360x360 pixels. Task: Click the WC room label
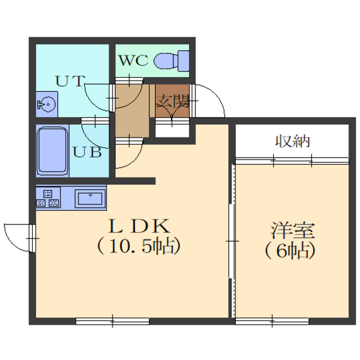pos(134,60)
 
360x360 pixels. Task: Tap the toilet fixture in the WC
pos(172,61)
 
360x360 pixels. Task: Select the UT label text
pos(70,81)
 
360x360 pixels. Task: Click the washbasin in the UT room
pos(46,104)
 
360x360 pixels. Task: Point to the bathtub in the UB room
pos(52,151)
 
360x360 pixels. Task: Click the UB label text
pos(87,152)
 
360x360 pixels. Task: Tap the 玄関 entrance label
pos(173,101)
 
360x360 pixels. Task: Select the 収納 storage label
pos(292,141)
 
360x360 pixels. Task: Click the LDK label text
pos(139,226)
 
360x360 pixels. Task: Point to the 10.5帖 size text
pos(139,246)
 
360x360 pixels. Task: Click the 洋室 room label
pos(292,230)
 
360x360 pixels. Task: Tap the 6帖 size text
pos(290,251)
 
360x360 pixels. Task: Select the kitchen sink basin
pos(90,199)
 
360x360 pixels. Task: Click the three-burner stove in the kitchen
pos(48,198)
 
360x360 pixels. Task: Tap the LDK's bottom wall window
pos(113,321)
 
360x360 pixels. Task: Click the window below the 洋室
pos(272,321)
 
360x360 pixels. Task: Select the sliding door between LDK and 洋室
pos(232,241)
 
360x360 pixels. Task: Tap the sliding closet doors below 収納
pos(292,161)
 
